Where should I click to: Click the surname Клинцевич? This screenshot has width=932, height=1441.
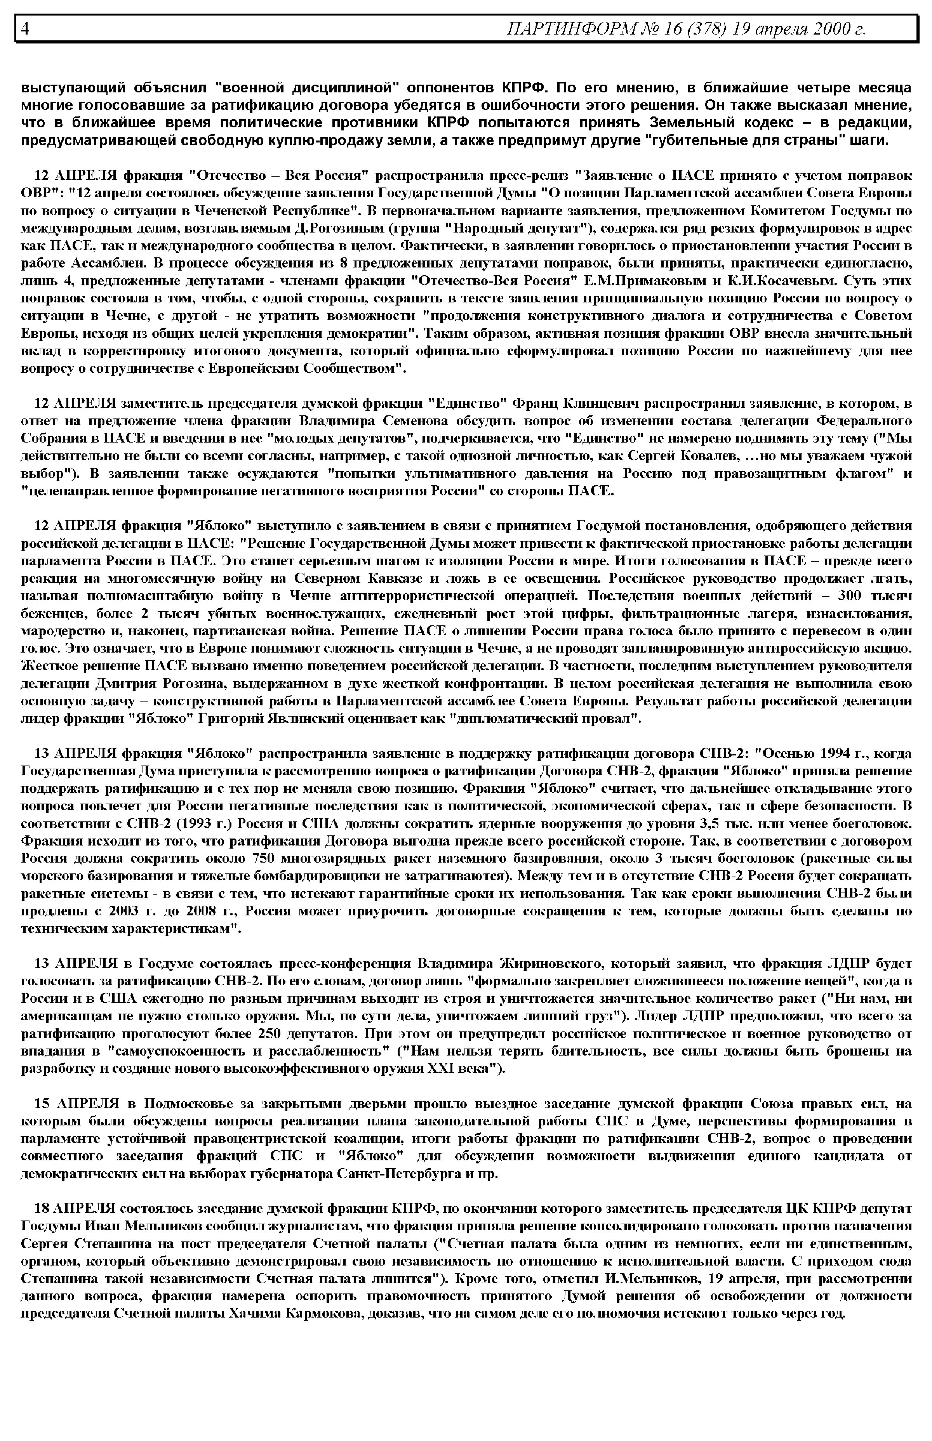[x=602, y=403]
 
